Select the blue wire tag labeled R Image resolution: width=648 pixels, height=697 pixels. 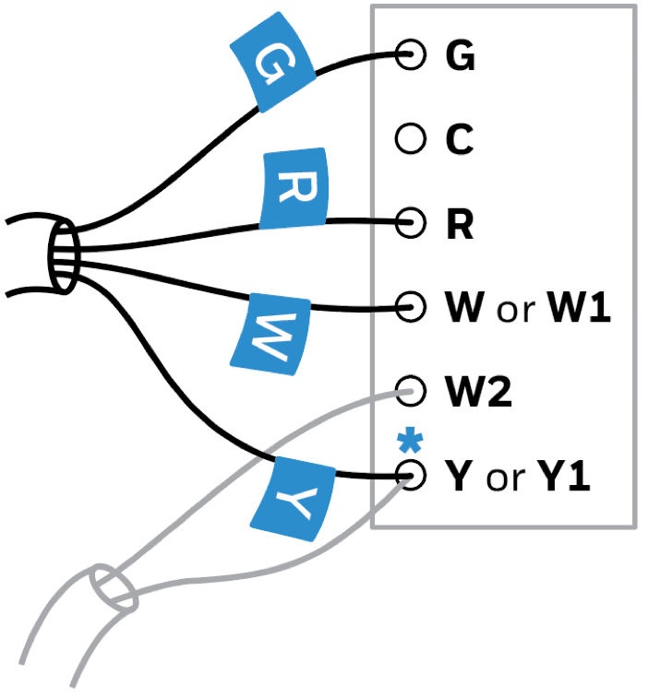click(x=294, y=189)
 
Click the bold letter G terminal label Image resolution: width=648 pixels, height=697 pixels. click(x=460, y=57)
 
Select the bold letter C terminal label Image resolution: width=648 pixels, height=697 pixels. click(x=459, y=140)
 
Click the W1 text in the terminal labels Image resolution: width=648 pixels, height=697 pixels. click(x=580, y=308)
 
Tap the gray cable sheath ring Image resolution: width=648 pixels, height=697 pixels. click(x=114, y=590)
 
